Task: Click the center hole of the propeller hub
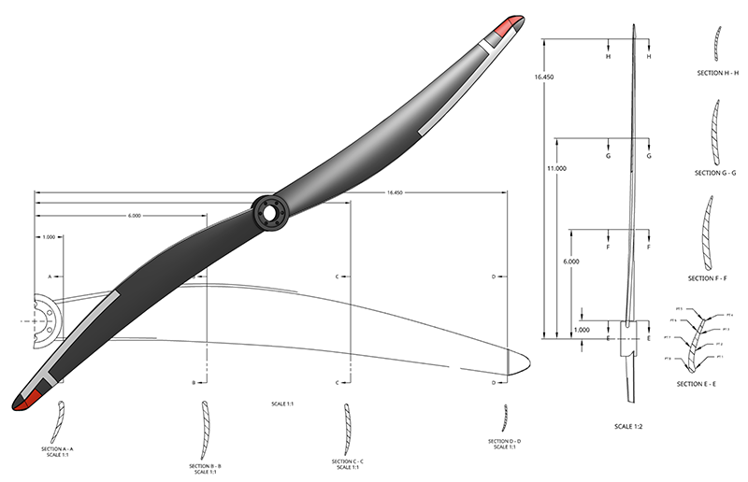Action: click(269, 211)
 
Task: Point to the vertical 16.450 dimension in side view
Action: click(543, 78)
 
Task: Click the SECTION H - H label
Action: click(718, 71)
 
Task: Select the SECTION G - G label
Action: click(717, 173)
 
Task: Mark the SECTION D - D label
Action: click(504, 441)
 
